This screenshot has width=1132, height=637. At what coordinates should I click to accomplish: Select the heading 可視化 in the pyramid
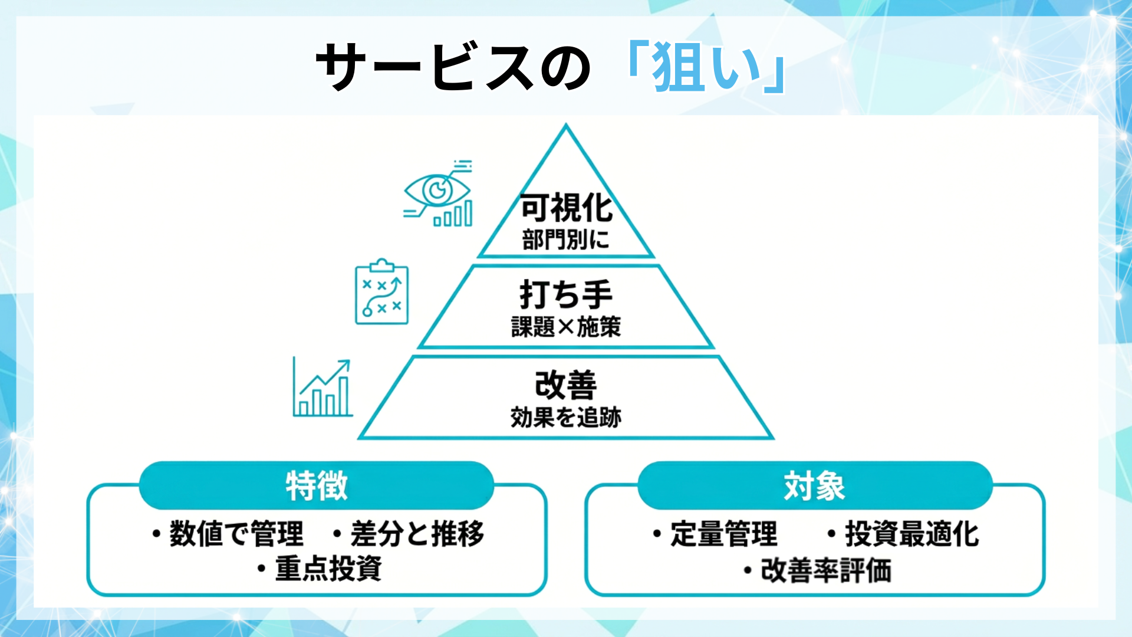click(x=566, y=208)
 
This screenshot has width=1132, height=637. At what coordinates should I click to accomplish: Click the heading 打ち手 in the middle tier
click(x=566, y=294)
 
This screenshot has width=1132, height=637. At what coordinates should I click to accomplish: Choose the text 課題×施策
click(x=566, y=327)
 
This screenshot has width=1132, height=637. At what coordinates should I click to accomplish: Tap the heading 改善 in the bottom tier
click(x=566, y=385)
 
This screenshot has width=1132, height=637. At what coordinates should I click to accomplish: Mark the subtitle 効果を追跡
click(x=566, y=417)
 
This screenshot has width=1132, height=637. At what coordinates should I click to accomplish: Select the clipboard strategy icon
click(x=381, y=292)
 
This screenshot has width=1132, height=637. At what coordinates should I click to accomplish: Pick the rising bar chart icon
click(x=323, y=388)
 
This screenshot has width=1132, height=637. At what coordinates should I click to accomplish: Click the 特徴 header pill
click(x=317, y=486)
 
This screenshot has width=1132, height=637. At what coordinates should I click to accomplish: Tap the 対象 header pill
click(x=815, y=486)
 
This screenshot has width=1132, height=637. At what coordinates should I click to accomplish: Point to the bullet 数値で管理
click(x=236, y=534)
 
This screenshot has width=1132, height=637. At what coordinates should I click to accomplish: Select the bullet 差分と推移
click(x=416, y=534)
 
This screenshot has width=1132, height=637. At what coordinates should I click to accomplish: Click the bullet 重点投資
click(x=328, y=569)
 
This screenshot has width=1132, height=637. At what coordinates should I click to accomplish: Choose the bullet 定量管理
click(x=723, y=534)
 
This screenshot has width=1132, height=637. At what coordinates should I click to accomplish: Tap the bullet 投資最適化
click(x=911, y=534)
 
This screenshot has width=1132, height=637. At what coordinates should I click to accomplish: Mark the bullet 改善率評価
click(x=825, y=570)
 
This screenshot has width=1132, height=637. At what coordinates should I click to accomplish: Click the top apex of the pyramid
click(x=566, y=126)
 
